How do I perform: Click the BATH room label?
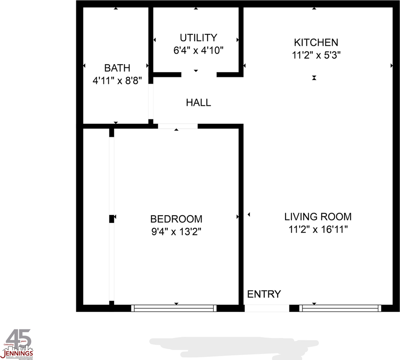coord(117,68)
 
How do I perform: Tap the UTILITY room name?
coord(198,38)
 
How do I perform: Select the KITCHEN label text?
coord(316,42)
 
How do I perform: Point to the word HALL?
coord(198,102)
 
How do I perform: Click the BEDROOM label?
coord(176,219)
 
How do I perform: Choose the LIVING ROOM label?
coord(318,216)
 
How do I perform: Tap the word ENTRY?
coord(264,294)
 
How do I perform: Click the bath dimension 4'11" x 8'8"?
coord(117,81)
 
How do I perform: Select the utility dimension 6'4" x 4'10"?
coord(198,51)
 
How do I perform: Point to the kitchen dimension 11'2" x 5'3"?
coord(316,55)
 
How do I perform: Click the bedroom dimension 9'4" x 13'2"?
coord(176,232)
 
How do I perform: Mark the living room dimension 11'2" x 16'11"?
coord(318,229)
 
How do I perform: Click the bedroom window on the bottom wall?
coord(174,308)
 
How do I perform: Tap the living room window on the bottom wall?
coord(340,308)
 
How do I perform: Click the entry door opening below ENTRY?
coord(267,308)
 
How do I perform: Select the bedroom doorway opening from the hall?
coord(177,126)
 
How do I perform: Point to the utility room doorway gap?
coord(199,74)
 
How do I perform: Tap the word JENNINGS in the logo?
coord(18,353)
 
